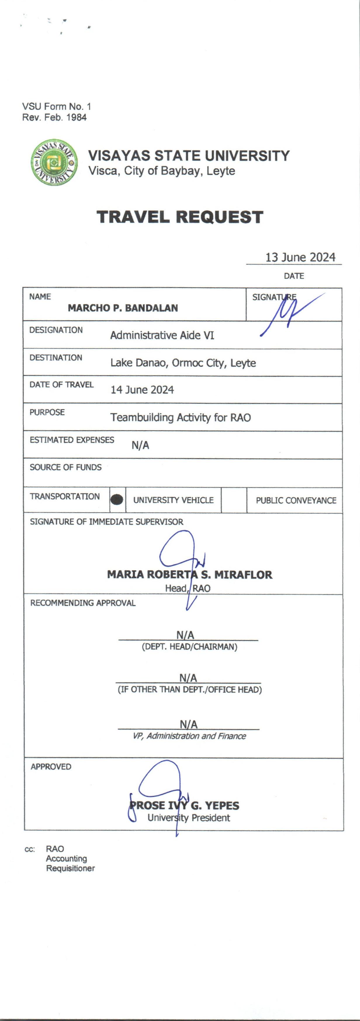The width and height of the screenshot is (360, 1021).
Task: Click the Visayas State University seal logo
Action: pos(55,162)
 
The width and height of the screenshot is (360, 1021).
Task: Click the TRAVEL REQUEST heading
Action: pos(180,217)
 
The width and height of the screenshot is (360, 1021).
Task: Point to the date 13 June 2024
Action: pos(300,257)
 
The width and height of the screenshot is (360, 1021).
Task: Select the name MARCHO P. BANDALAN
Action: pos(123,308)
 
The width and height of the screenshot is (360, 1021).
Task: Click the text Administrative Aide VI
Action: pos(162,335)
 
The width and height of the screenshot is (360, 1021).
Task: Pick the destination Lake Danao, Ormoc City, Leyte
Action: pos(183,363)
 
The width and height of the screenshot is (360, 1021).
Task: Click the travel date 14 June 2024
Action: pos(142,390)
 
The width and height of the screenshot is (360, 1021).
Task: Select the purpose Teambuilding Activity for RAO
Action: pos(180,417)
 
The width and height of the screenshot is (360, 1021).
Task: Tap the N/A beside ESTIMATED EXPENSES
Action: pos(140,445)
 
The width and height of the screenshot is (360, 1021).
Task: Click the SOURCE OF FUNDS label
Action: pos(65,467)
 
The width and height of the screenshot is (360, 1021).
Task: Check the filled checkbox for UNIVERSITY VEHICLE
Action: pos(117,500)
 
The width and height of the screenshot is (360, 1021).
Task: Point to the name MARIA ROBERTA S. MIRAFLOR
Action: pos(190,575)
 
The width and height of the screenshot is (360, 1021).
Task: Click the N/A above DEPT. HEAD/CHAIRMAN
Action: pos(185,635)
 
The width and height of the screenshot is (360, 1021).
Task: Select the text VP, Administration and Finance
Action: pos(189,736)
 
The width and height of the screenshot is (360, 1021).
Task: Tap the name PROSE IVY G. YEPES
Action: pos(184,805)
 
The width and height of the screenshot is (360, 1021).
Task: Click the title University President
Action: pos(189,818)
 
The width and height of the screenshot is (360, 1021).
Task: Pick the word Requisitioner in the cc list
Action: pos(70,869)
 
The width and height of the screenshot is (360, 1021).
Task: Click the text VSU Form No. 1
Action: pos(56,106)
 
